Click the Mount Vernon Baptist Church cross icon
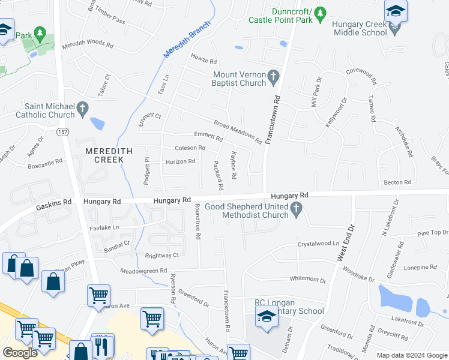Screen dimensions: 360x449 click(274, 76)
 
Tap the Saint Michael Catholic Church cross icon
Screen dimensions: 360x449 click(83, 109)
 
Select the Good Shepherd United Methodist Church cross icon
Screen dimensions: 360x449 click(295, 209)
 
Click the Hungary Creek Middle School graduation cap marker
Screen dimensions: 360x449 click(396, 11)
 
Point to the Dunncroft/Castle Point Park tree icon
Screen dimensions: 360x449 click(320, 13)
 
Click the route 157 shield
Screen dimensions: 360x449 click(62, 131)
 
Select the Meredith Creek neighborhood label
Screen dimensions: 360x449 click(104, 155)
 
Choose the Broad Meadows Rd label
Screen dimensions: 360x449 click(238, 133)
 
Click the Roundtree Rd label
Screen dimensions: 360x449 click(197, 221)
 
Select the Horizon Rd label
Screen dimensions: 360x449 click(180, 161)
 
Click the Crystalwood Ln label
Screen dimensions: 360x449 click(319, 244)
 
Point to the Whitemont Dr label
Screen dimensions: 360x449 click(307, 280)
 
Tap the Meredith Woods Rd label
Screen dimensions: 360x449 click(88, 44)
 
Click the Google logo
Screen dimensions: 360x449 click(20, 353)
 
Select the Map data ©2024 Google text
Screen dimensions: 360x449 click(411, 355)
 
